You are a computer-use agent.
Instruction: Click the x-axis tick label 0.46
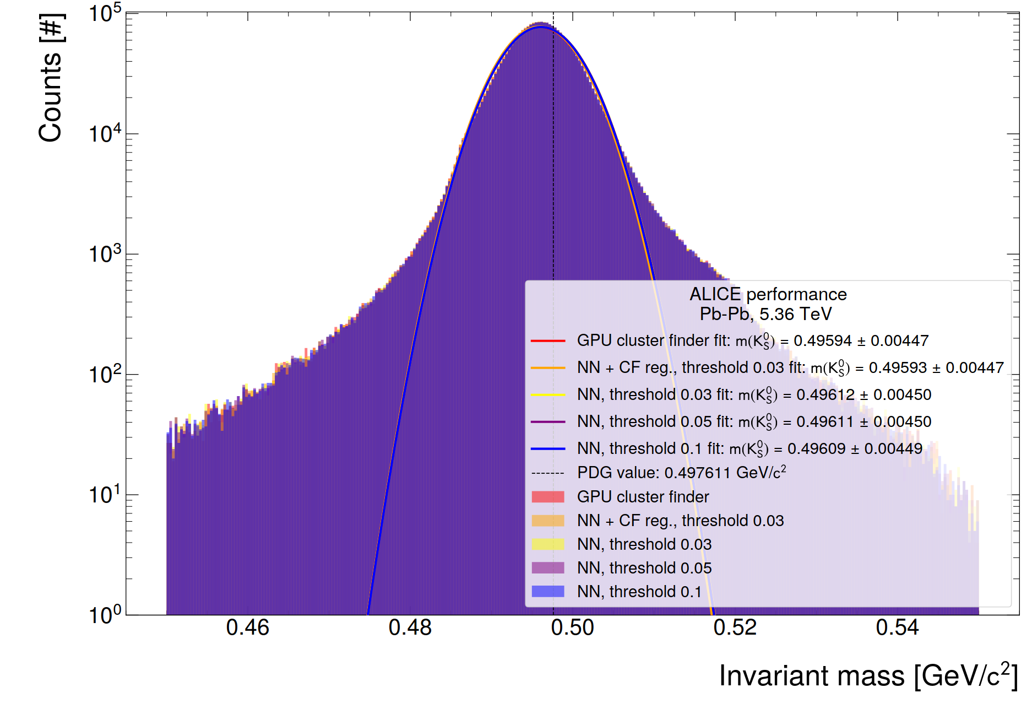tap(247, 627)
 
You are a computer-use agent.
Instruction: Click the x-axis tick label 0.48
tap(410, 627)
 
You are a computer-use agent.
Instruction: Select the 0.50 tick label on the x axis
tap(572, 627)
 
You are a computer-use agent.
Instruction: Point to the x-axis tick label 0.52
tap(735, 627)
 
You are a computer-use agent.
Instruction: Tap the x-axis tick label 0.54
tap(897, 627)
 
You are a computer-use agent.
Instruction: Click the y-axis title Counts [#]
tap(51, 78)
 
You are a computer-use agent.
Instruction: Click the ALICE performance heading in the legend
tap(768, 294)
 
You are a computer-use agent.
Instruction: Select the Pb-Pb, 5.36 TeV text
tap(765, 314)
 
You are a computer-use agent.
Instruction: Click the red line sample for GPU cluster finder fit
tap(548, 341)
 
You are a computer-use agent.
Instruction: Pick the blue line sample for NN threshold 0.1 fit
tap(548, 449)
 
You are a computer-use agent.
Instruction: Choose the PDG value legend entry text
tap(681, 473)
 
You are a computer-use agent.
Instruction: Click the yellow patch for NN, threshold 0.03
tap(548, 544)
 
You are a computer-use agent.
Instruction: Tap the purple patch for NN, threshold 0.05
tap(548, 568)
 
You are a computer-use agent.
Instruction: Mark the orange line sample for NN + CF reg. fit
tap(548, 368)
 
